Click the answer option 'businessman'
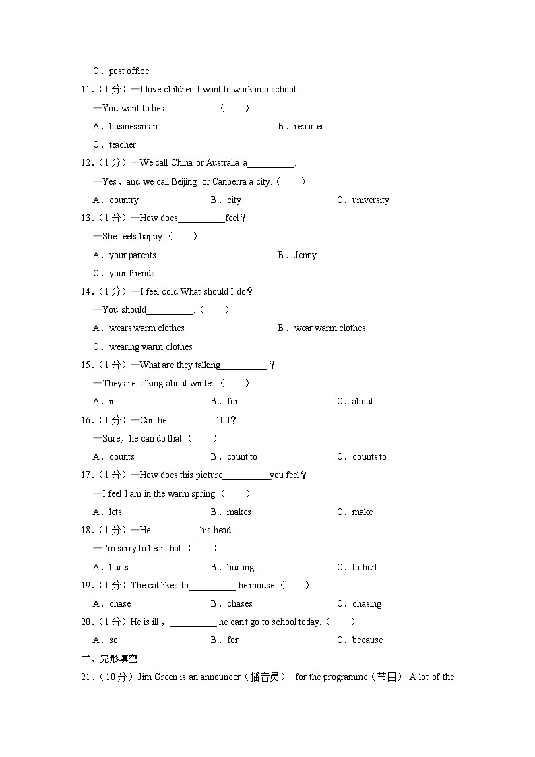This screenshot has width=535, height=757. [133, 126]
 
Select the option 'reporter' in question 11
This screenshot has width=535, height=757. [309, 126]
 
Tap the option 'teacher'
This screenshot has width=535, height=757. [123, 144]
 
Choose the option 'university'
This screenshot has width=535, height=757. [371, 200]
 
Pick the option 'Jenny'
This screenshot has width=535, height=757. [305, 255]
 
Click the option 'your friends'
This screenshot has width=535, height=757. [132, 273]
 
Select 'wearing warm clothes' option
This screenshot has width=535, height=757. [151, 346]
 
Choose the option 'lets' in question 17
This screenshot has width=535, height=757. [115, 512]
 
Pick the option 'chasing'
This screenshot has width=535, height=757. [367, 603]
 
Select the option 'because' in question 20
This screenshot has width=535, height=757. [367, 640]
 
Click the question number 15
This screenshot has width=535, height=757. [87, 365]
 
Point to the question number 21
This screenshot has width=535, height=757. [87, 677]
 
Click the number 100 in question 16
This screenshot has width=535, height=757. [222, 420]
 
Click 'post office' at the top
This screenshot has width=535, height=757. [129, 71]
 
